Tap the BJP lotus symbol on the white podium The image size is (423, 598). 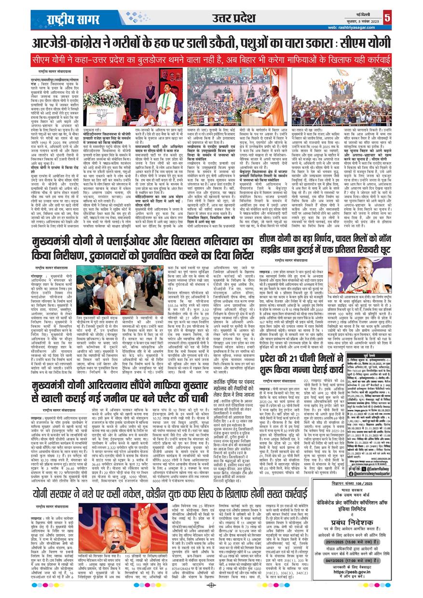point(102,115)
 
